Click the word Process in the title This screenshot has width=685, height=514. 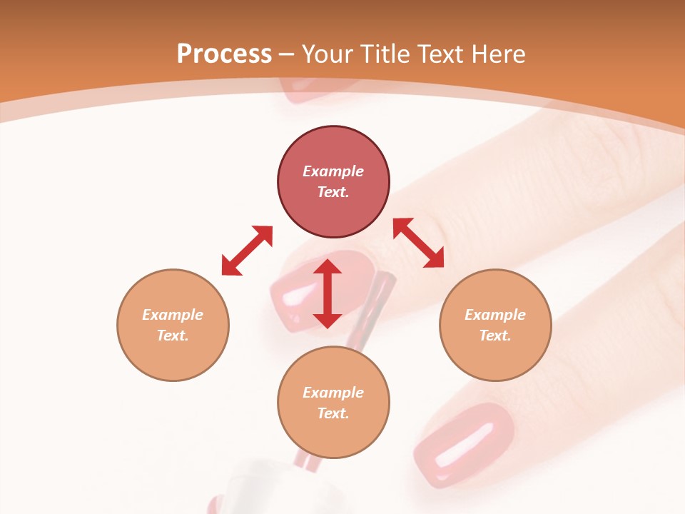224,54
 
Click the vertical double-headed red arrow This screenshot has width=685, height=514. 328,293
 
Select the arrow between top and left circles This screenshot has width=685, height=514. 247,251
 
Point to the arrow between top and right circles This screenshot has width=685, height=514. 419,243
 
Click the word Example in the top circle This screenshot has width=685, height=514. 333,171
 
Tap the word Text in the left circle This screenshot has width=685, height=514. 173,336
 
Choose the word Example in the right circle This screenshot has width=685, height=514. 495,315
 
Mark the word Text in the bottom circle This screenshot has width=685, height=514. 333,413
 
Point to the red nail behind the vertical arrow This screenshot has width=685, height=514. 300,293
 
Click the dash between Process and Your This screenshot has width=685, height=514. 287,54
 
